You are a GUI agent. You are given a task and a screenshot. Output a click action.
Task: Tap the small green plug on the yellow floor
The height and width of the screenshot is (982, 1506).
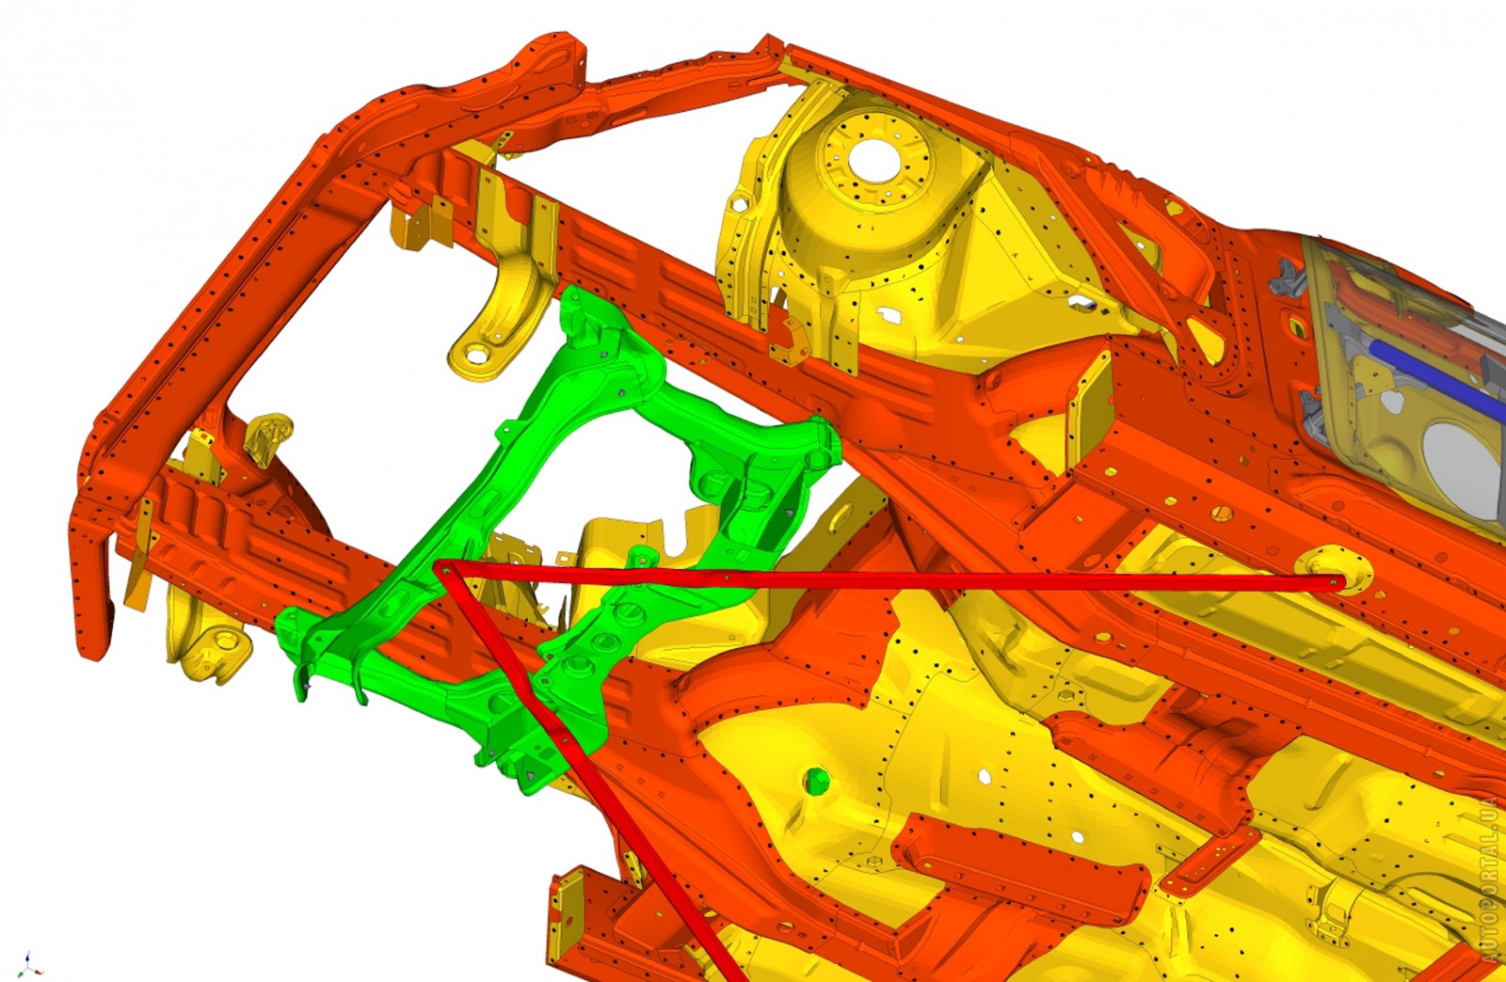tap(816, 781)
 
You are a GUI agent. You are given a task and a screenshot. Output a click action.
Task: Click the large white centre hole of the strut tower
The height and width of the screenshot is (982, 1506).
tap(874, 161)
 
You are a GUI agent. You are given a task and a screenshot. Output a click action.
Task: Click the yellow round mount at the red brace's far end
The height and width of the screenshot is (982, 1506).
tap(1336, 570)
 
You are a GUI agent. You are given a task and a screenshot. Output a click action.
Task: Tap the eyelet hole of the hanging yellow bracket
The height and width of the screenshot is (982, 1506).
tap(476, 354)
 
